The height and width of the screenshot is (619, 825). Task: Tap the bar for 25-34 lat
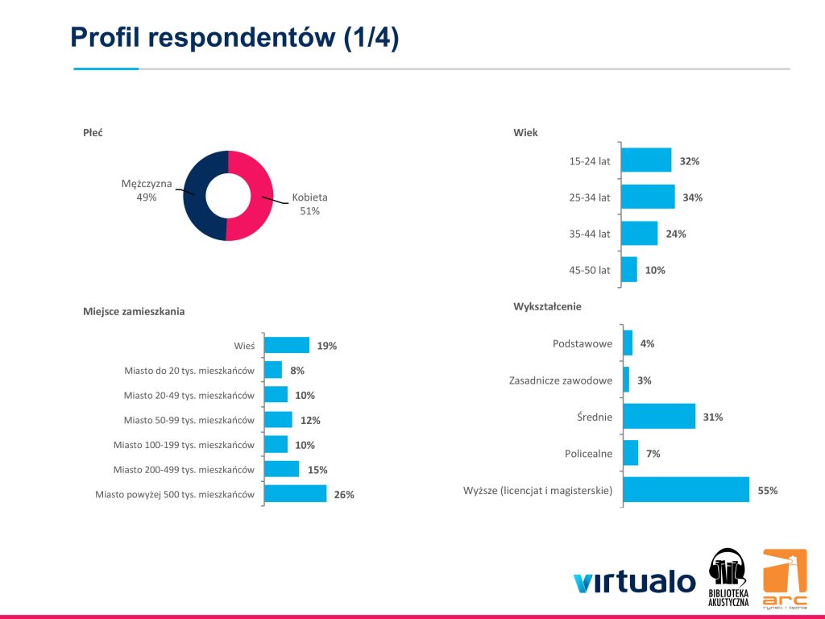point(649,197)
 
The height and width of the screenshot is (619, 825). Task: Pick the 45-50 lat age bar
point(630,270)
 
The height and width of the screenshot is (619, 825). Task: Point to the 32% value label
point(690,161)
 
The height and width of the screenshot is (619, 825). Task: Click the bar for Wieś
point(287,345)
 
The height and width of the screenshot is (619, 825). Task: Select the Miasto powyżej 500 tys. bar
point(296,494)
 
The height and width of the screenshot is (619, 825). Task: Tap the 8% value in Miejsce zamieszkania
point(297,371)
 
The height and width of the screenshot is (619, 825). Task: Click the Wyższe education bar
point(686,490)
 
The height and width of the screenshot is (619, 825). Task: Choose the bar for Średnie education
point(659,417)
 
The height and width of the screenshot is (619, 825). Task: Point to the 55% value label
point(767,490)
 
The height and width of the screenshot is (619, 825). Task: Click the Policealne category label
point(588,454)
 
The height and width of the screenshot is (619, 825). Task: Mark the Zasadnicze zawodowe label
point(561,380)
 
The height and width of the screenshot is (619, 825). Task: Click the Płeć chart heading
point(93,133)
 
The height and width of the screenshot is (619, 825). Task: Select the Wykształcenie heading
point(547,306)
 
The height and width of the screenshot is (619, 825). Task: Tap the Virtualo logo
point(634,581)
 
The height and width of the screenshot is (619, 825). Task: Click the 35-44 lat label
point(590,234)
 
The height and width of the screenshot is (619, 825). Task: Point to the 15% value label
point(317,470)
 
